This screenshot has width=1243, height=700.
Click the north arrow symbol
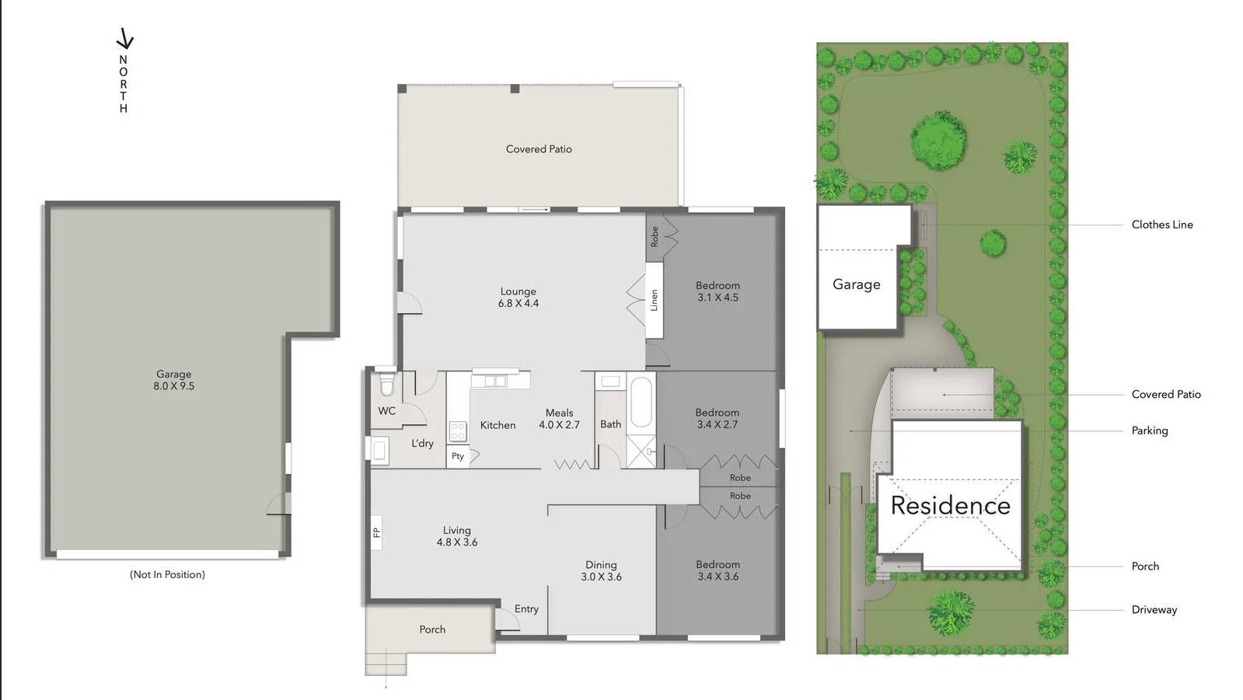(x=124, y=39)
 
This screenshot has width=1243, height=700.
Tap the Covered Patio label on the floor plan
(x=539, y=149)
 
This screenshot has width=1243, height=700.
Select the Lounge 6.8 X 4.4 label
(x=518, y=298)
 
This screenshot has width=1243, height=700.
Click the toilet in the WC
(x=386, y=385)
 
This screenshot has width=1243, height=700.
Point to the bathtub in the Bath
(x=641, y=402)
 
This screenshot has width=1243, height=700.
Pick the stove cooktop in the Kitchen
(x=458, y=431)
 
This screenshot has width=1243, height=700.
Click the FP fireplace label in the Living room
(x=376, y=532)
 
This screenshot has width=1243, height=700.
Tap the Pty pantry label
(x=458, y=456)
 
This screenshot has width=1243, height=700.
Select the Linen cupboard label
(x=654, y=300)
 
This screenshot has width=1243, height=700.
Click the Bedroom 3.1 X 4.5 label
(x=718, y=291)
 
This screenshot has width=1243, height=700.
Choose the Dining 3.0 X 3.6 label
(x=601, y=571)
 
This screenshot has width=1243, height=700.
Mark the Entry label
(x=526, y=609)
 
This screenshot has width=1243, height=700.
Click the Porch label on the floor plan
(x=432, y=630)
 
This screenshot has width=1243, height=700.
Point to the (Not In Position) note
(x=167, y=575)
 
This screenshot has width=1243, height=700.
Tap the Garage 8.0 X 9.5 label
(x=173, y=380)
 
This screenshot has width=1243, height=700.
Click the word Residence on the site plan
(x=950, y=506)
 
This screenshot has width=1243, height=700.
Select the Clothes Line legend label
(x=1161, y=225)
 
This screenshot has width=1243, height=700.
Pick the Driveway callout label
(x=1154, y=610)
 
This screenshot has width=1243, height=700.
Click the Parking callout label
(x=1149, y=430)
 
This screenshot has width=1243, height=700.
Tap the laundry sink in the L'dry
(x=379, y=450)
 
